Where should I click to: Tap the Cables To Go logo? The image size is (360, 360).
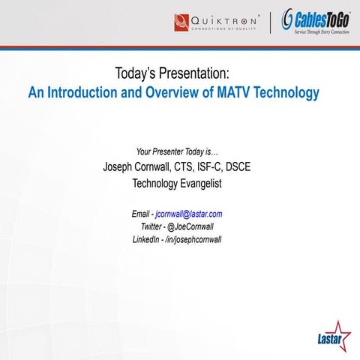[314, 20]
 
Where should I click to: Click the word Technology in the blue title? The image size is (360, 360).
[286, 94]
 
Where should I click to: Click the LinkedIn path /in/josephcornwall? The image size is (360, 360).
[192, 239]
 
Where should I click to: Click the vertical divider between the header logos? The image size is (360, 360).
[270, 22]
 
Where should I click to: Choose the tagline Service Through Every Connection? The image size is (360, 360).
[320, 31]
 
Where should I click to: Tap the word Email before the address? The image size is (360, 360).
[142, 214]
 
